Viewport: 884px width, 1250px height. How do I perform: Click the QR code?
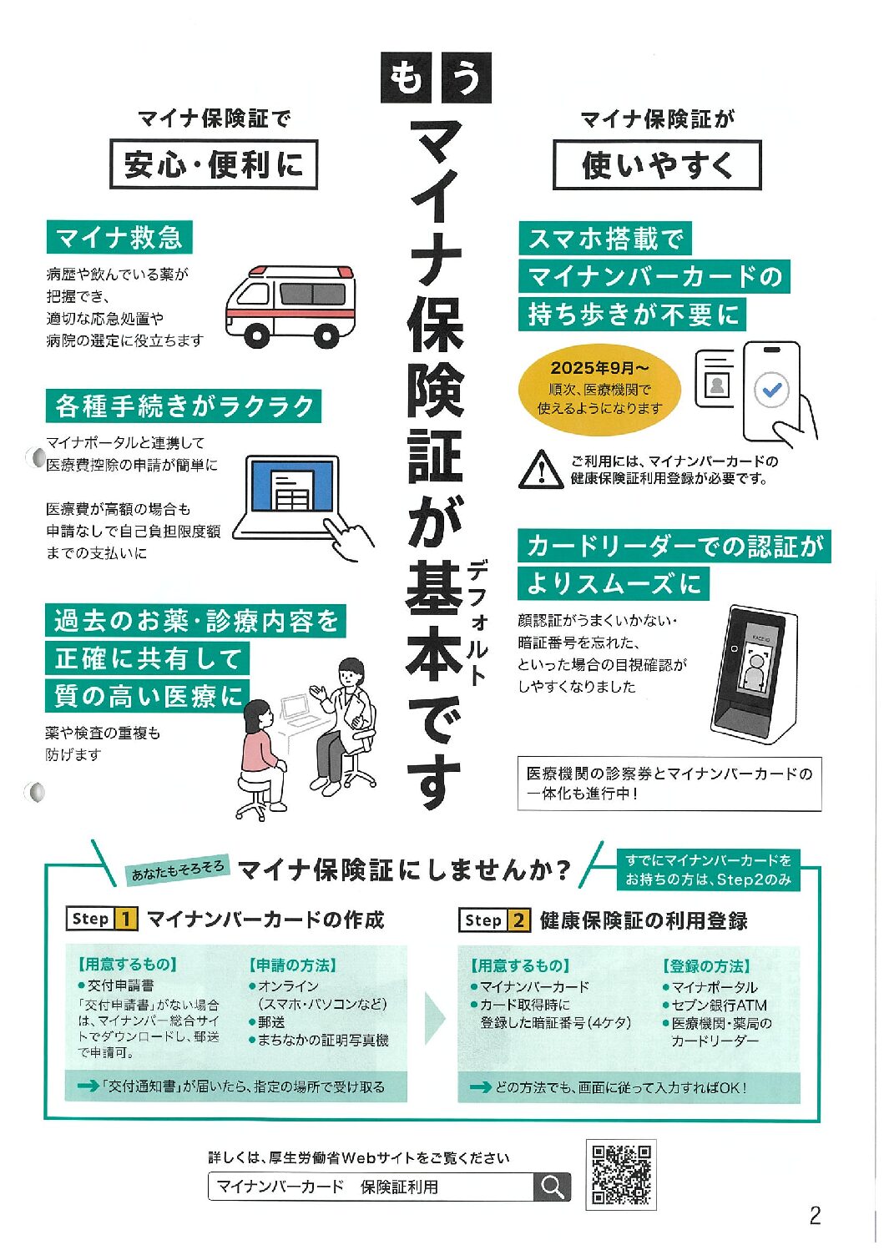[620, 1174]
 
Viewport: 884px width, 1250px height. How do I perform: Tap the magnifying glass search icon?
[552, 1187]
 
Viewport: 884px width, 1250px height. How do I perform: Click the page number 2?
[815, 1216]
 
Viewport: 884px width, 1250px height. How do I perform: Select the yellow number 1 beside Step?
[125, 919]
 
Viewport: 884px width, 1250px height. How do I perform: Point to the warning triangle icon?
[540, 469]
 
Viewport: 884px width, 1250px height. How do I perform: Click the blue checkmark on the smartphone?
[771, 390]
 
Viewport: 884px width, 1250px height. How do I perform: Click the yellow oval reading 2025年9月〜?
[599, 388]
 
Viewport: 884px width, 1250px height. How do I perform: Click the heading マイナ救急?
[119, 238]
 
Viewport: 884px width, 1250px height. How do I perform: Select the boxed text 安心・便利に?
[214, 164]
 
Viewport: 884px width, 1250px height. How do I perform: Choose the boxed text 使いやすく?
[657, 165]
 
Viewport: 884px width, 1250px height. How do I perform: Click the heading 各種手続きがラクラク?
[184, 406]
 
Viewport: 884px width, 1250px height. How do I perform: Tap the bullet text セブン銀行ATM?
[719, 1005]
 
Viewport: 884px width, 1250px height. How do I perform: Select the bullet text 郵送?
[271, 1021]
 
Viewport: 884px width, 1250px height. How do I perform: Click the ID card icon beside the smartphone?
[715, 379]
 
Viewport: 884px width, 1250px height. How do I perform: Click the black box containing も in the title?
[405, 78]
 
